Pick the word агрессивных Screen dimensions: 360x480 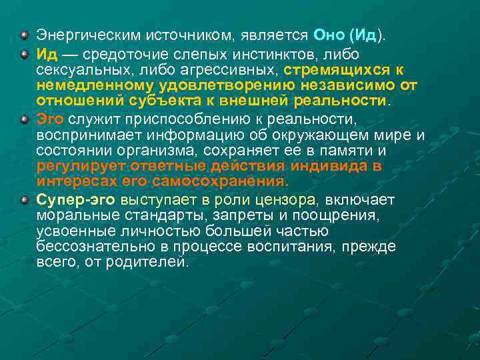click(x=236, y=69)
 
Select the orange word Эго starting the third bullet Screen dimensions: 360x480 click(x=50, y=119)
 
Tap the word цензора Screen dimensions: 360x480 click(x=289, y=199)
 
